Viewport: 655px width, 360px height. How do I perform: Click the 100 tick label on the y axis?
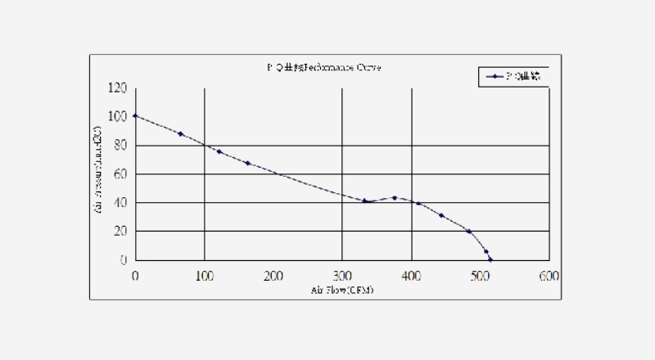(118, 117)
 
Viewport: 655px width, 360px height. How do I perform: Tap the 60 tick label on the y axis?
(120, 174)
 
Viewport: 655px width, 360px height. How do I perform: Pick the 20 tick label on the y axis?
(120, 232)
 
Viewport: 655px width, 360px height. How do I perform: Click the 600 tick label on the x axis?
(549, 276)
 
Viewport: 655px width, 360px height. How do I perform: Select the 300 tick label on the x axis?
(341, 276)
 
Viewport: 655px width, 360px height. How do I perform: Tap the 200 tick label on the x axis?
(273, 276)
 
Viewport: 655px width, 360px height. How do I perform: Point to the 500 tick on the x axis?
(480, 276)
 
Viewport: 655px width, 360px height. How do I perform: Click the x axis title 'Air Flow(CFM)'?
(341, 291)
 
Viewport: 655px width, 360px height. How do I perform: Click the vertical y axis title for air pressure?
(97, 174)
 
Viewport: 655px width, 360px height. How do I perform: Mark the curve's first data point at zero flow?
(135, 116)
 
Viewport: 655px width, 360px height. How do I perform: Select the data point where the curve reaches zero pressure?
(490, 259)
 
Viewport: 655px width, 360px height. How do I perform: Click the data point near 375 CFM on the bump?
(394, 198)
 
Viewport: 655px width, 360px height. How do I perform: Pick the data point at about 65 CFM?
(180, 133)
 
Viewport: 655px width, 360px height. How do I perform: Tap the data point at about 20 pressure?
(468, 232)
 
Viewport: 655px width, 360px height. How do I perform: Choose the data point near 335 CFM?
(365, 201)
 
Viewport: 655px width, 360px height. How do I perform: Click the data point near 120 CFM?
(219, 151)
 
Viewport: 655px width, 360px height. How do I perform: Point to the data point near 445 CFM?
(441, 215)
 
